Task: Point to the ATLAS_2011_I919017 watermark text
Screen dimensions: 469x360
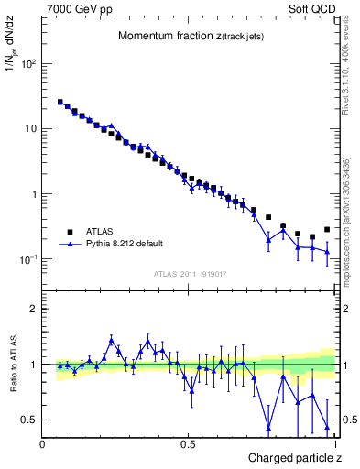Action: click(x=190, y=273)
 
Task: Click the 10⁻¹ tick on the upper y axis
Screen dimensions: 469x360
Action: click(x=28, y=259)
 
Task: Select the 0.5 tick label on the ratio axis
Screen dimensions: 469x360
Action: click(x=29, y=420)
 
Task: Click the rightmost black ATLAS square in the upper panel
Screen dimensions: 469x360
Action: click(x=327, y=230)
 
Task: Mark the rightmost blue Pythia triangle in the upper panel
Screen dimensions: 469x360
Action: click(x=327, y=251)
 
